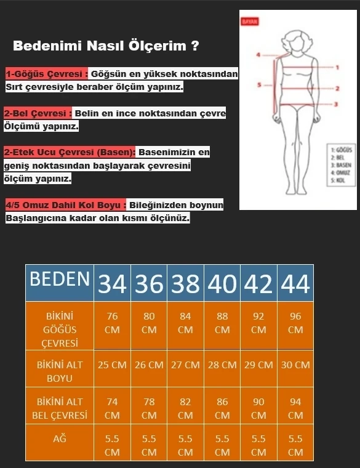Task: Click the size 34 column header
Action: coord(112,283)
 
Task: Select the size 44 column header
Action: coord(295,283)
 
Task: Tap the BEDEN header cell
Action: coord(60,280)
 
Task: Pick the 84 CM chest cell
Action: coord(185,323)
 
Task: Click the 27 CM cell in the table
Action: coord(185,365)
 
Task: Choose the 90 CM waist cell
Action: coord(258,408)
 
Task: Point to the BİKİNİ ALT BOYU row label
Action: coord(60,371)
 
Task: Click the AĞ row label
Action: coord(60,439)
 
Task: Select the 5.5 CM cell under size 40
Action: coord(222,445)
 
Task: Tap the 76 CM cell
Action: coord(112,323)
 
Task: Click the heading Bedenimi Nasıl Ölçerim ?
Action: coord(106,46)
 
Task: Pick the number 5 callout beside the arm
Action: coord(260,84)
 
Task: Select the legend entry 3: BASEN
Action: coord(340,166)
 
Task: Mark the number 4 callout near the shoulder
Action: coord(259,55)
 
